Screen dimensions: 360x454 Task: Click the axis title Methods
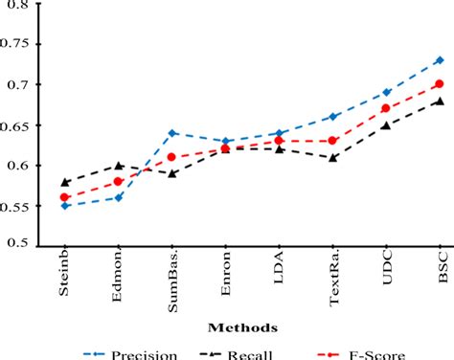pyautogui.click(x=253, y=326)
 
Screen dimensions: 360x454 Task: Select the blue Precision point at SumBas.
pyautogui.click(x=171, y=133)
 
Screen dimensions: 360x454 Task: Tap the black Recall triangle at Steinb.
pyautogui.click(x=64, y=181)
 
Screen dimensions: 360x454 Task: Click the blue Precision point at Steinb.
pyautogui.click(x=64, y=206)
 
